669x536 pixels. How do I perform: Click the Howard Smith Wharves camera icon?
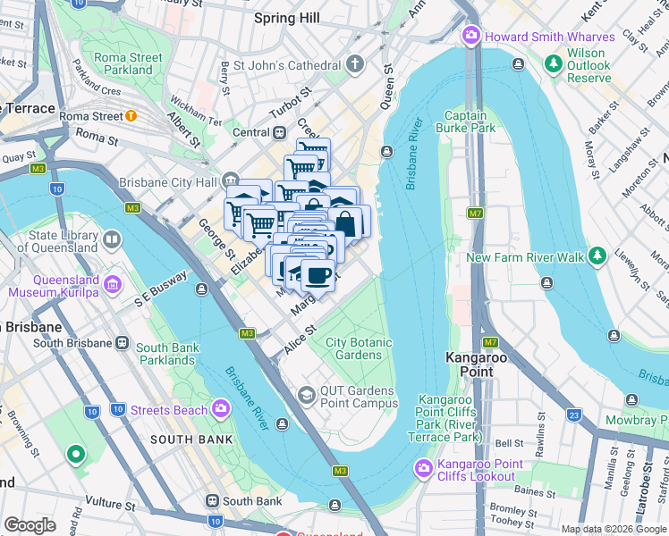pyautogui.click(x=470, y=37)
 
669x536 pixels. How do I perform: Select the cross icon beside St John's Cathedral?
pyautogui.click(x=355, y=64)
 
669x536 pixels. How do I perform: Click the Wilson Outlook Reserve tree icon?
pyautogui.click(x=551, y=60)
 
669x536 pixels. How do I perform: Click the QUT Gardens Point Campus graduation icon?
pyautogui.click(x=307, y=395)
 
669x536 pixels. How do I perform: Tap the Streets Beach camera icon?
pyautogui.click(x=220, y=410)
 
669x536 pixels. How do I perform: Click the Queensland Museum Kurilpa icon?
pyautogui.click(x=113, y=284)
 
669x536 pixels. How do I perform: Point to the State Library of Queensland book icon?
pyautogui.click(x=112, y=239)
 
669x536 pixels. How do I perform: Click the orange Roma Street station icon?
pyautogui.click(x=131, y=115)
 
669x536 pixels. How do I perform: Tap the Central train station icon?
pyautogui.click(x=280, y=132)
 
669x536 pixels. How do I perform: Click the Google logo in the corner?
pyautogui.click(x=30, y=525)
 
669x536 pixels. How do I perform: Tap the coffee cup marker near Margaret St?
pyautogui.click(x=318, y=274)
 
